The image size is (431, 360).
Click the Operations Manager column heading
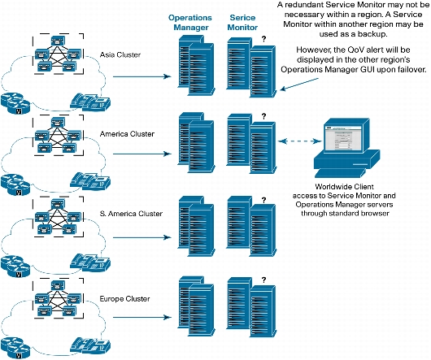(190, 23)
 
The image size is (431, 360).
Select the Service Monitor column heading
(242, 23)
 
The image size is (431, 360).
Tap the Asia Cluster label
(120, 54)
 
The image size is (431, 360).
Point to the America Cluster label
(127, 134)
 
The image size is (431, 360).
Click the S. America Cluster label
(131, 214)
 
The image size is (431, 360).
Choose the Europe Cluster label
(124, 298)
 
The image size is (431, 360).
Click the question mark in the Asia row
(263, 39)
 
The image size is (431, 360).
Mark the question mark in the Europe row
(263, 280)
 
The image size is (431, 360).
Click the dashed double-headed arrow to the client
(299, 141)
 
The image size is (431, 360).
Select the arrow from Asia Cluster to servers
(142, 76)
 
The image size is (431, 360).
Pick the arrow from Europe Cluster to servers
(142, 318)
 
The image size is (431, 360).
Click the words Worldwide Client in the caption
(344, 187)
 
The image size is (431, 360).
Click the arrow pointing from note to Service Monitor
(299, 84)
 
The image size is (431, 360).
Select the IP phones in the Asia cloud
(90, 102)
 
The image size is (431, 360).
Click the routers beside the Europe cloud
(15, 347)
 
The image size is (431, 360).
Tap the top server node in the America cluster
(58, 122)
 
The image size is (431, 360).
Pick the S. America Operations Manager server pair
(196, 226)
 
